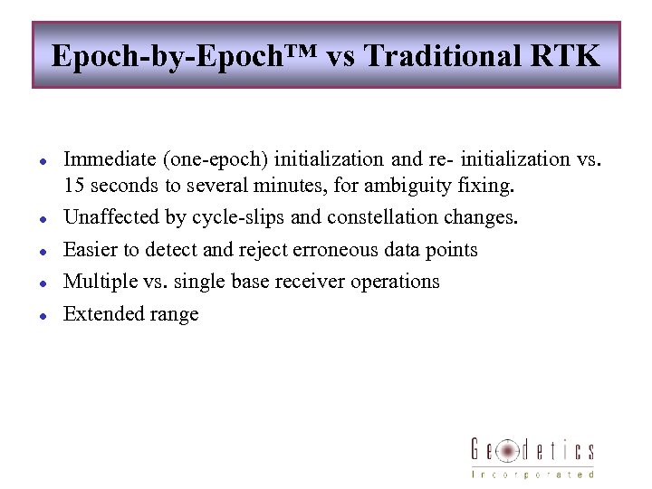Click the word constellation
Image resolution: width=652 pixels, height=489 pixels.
[x=387, y=218]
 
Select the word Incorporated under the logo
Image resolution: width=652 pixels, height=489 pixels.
[x=532, y=474]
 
